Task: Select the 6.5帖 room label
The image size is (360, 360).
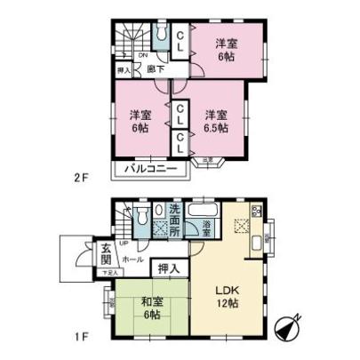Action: click(x=214, y=120)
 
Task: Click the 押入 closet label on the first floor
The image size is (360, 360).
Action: click(x=168, y=268)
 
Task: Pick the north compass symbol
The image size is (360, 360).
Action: click(x=292, y=330)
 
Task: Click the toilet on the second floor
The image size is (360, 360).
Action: click(x=160, y=35)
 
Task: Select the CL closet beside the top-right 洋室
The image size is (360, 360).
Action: click(x=180, y=41)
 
